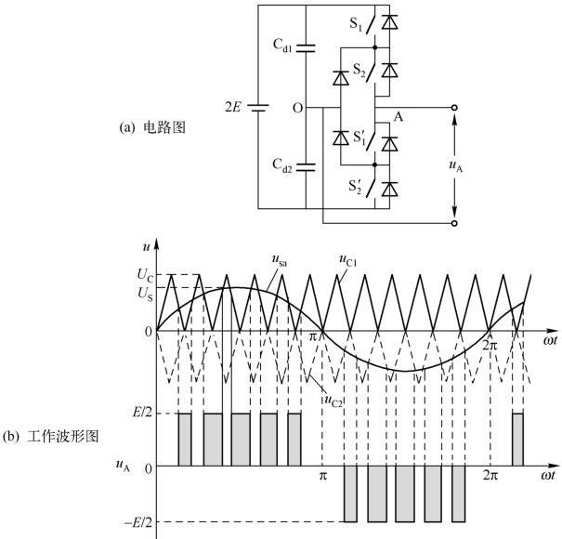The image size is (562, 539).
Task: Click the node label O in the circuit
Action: pos(297,109)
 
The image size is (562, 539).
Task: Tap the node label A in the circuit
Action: pos(399,118)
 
